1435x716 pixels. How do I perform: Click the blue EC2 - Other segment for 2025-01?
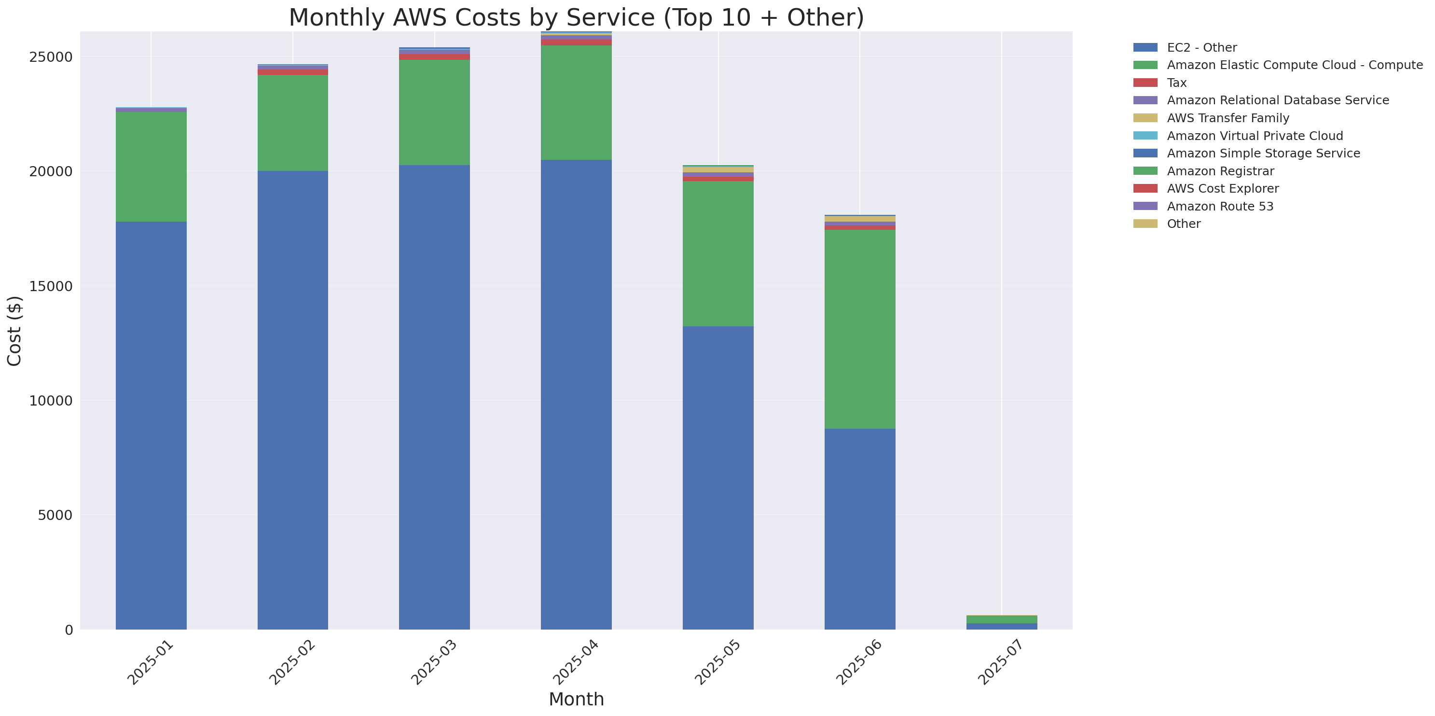click(x=151, y=425)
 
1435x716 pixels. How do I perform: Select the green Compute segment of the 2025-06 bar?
click(x=859, y=329)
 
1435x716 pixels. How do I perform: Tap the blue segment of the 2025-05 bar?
click(x=717, y=477)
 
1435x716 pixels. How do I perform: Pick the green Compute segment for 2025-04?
click(x=576, y=102)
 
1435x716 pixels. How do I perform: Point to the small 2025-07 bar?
click(x=1001, y=622)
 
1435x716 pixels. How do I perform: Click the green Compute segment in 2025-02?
click(x=292, y=123)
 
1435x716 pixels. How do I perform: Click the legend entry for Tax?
click(x=1176, y=83)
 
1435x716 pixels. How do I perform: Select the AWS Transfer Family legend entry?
click(x=1228, y=118)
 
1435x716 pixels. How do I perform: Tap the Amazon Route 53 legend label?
click(x=1220, y=206)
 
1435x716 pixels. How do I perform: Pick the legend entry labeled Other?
click(x=1183, y=224)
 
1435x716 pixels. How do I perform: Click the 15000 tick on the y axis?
click(x=51, y=286)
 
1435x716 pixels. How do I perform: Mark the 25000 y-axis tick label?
click(x=51, y=57)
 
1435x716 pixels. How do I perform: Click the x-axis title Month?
click(x=576, y=699)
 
